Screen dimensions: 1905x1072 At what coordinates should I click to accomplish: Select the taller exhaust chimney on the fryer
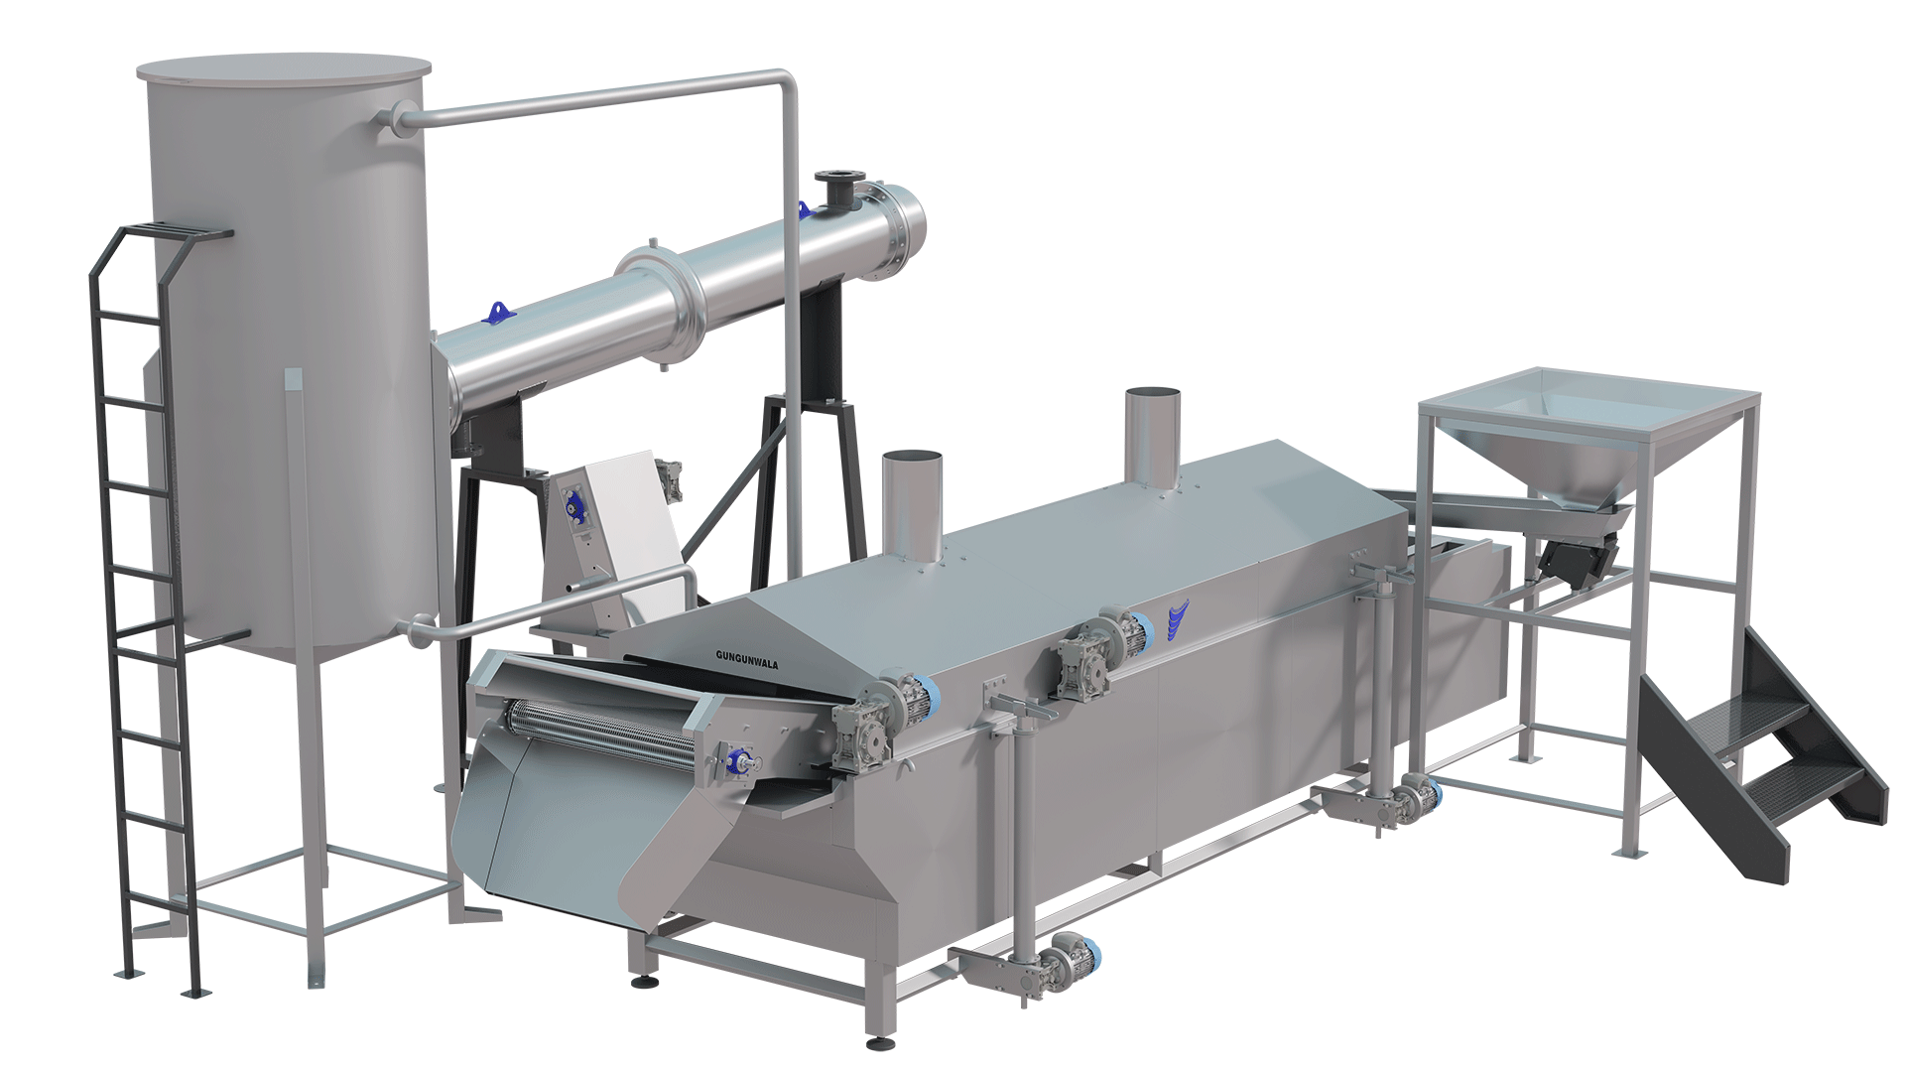coord(1152,437)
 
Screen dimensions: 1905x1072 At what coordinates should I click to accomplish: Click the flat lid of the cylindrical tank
coord(284,68)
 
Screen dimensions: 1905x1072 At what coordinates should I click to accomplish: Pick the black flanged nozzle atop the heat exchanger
coord(835,189)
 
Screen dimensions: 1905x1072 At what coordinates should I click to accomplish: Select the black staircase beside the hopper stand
coord(1761,749)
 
